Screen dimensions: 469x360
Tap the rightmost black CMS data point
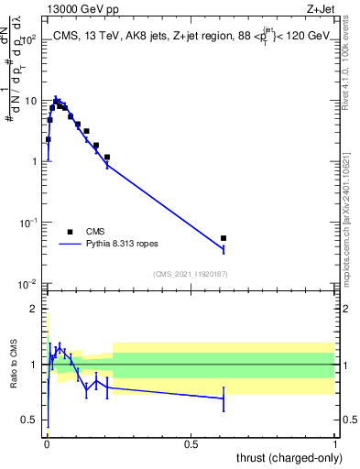click(x=224, y=238)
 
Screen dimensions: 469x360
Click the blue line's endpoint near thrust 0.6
click(x=224, y=248)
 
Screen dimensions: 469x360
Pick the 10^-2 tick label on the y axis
click(x=28, y=283)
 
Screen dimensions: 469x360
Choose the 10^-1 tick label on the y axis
click(x=28, y=223)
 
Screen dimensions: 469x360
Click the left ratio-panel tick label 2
click(x=35, y=309)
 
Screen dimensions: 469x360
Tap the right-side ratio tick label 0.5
click(x=347, y=420)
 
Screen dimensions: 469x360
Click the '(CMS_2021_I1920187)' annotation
click(x=190, y=274)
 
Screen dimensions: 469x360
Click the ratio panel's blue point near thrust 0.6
click(x=224, y=398)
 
